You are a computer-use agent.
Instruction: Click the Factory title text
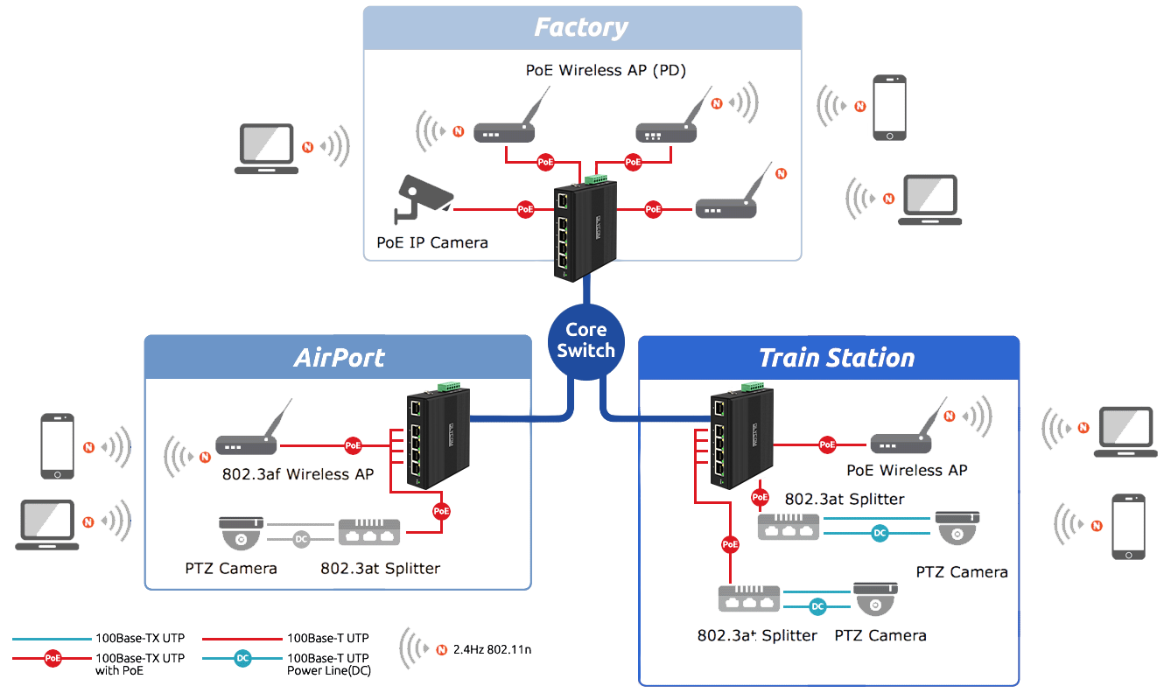tap(581, 27)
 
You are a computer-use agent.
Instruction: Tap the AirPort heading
tap(340, 358)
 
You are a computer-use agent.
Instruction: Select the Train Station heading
tap(837, 358)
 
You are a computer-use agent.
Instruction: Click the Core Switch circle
tap(586, 340)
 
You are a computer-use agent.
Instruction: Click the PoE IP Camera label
tap(432, 242)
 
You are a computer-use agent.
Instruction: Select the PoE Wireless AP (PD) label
tap(606, 71)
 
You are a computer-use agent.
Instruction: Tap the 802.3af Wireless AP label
tap(298, 474)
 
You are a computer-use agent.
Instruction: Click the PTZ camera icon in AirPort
tap(241, 531)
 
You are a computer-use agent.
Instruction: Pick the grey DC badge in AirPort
tap(301, 539)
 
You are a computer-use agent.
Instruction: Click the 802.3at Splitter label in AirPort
tap(380, 569)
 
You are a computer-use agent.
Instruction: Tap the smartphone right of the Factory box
tap(888, 108)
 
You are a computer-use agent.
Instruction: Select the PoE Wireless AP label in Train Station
tap(907, 471)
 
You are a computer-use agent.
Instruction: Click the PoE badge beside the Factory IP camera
tap(525, 209)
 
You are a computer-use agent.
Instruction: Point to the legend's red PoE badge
tap(53, 658)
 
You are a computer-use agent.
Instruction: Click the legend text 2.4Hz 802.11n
tap(493, 650)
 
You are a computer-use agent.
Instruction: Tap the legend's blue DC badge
tap(243, 658)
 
